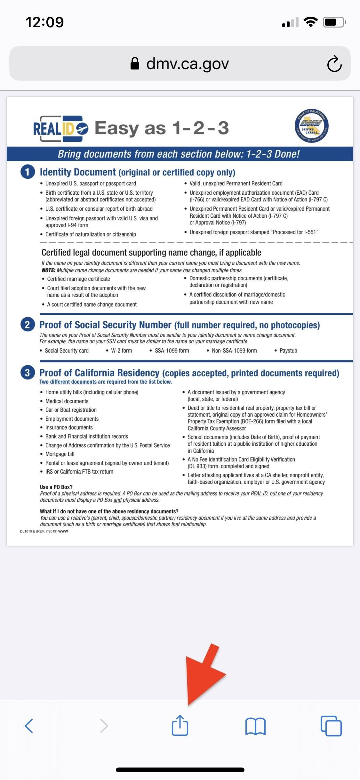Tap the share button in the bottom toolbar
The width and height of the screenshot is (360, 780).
coord(180,725)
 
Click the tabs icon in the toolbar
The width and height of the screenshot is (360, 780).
coord(331,726)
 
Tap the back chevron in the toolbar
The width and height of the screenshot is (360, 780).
coord(29,726)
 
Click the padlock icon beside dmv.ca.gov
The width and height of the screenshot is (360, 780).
coord(135,63)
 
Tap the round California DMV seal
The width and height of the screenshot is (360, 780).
coord(311,126)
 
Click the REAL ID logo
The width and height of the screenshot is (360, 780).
coord(61,128)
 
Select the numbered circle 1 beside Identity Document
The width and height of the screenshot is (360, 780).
coord(28,172)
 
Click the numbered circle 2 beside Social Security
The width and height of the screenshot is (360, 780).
coord(28,325)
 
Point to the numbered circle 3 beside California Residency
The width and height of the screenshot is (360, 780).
coord(28,373)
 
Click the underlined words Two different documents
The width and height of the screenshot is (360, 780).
coord(68,382)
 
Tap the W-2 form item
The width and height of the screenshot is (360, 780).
coord(121,351)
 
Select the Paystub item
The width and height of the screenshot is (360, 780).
coord(288,351)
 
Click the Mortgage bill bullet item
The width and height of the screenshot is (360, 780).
coord(60,454)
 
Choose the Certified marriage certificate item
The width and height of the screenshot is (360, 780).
coord(78,279)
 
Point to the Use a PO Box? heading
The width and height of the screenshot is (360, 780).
coord(56,487)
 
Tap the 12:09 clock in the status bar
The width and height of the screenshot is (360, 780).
coord(44,22)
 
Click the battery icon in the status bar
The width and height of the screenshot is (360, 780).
coord(334,22)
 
